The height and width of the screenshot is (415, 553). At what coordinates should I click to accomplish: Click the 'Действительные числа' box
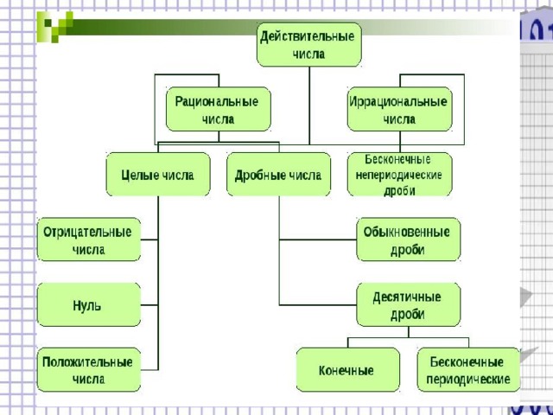point(308,45)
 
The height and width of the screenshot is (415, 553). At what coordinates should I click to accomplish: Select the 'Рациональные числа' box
point(217,109)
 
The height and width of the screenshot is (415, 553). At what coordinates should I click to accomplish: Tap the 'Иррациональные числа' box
point(398,109)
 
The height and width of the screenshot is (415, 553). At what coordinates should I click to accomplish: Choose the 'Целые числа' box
point(157,174)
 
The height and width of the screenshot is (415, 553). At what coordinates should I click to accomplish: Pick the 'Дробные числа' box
point(278,174)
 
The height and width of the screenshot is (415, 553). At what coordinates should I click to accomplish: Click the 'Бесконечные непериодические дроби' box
point(398,174)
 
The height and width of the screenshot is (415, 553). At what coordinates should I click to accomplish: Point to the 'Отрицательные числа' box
point(88,239)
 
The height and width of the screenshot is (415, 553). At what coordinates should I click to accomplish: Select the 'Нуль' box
point(88,304)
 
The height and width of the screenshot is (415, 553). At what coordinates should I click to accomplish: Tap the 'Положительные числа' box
point(88,370)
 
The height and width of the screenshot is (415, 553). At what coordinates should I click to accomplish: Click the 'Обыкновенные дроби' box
point(408,239)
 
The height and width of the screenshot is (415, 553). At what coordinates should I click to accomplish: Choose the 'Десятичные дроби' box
point(408,304)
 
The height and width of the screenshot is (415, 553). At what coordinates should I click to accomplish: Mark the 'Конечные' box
point(347,370)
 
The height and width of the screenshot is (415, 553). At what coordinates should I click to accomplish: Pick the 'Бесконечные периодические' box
point(468,370)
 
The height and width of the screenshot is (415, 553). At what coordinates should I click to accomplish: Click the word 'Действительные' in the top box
point(308,37)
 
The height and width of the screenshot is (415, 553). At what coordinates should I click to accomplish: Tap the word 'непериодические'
point(398,174)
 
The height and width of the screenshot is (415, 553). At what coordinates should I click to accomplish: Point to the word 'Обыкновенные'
point(408,232)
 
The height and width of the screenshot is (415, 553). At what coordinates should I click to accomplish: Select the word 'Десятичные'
point(408,297)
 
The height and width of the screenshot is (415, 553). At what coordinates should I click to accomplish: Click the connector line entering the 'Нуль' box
point(149,304)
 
